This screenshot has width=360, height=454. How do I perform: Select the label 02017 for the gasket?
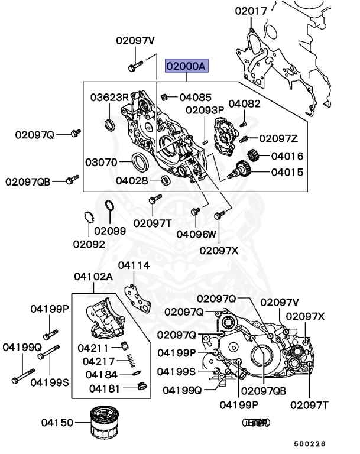[x=251, y=11]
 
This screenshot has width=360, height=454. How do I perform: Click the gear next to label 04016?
[x=253, y=157]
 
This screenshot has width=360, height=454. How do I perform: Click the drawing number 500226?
[x=310, y=443]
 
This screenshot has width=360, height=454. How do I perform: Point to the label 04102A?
[x=93, y=276]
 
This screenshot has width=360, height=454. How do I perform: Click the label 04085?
[x=195, y=97]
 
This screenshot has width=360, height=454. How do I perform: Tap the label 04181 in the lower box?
[x=105, y=388]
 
